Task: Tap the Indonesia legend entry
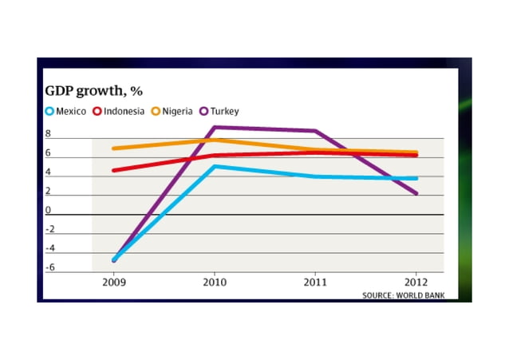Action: click(120, 112)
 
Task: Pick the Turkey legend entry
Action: click(221, 112)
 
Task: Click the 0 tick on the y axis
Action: click(48, 211)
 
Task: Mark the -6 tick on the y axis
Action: click(49, 267)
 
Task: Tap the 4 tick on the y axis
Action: click(48, 172)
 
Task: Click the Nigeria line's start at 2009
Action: click(114, 148)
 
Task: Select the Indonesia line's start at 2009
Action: click(114, 170)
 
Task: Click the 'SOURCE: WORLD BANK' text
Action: click(404, 295)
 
